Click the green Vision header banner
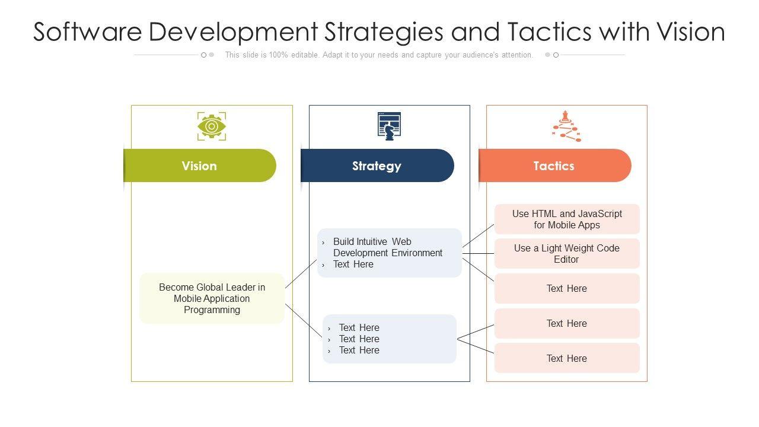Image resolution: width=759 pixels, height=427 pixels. (x=200, y=165)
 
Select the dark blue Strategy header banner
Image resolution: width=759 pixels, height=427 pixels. (x=377, y=165)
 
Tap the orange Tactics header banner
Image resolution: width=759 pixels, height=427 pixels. (x=554, y=165)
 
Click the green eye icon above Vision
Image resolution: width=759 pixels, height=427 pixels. (x=212, y=126)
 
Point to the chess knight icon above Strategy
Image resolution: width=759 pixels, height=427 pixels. (x=389, y=126)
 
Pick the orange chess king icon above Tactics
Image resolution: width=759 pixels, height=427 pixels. (x=566, y=126)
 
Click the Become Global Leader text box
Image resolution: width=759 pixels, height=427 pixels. (x=212, y=298)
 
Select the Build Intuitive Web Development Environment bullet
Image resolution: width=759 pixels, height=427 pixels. (x=387, y=247)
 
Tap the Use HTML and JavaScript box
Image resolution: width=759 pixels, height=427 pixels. (x=567, y=219)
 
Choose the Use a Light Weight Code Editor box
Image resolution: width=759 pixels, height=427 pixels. (x=567, y=254)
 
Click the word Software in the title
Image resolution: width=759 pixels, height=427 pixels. (x=87, y=32)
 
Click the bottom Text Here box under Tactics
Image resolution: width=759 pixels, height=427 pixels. (x=567, y=358)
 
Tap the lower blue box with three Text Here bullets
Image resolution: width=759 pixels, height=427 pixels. (x=390, y=339)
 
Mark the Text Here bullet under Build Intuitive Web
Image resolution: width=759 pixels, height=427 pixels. (x=353, y=265)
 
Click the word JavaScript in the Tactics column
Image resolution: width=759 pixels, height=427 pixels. (x=600, y=214)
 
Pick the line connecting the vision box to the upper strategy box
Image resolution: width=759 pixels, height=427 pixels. (x=301, y=273)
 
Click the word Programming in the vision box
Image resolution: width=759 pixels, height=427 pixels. (x=212, y=310)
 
